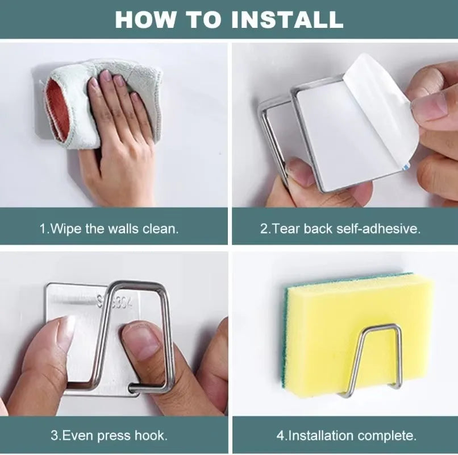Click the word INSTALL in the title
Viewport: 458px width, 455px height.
click(x=287, y=19)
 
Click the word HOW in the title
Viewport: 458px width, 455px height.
click(x=145, y=19)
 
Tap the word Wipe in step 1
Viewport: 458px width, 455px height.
click(x=66, y=229)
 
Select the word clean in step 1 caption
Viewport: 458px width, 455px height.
click(x=160, y=229)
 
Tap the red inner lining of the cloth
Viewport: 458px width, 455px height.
click(x=57, y=109)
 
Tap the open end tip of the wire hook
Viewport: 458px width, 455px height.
click(x=131, y=388)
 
